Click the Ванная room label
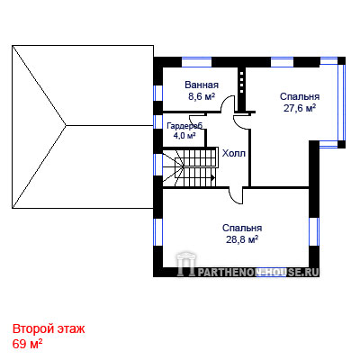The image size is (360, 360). (202, 85)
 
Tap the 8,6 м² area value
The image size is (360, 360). (202, 96)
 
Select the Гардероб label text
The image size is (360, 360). (184, 125)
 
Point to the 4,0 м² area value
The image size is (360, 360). (184, 135)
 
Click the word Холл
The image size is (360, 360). (234, 153)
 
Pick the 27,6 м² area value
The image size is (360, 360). (300, 108)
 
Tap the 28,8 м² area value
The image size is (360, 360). (242, 239)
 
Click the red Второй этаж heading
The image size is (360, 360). (49, 328)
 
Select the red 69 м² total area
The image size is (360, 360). (27, 344)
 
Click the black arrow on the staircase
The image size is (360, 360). (213, 177)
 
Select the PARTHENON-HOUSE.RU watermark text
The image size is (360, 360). (257, 272)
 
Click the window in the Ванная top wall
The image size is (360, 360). (197, 62)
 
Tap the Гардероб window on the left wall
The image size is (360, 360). (157, 121)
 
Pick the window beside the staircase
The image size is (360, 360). (157, 165)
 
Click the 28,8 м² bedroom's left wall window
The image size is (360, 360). (157, 232)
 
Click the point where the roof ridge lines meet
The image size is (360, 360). (66, 125)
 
